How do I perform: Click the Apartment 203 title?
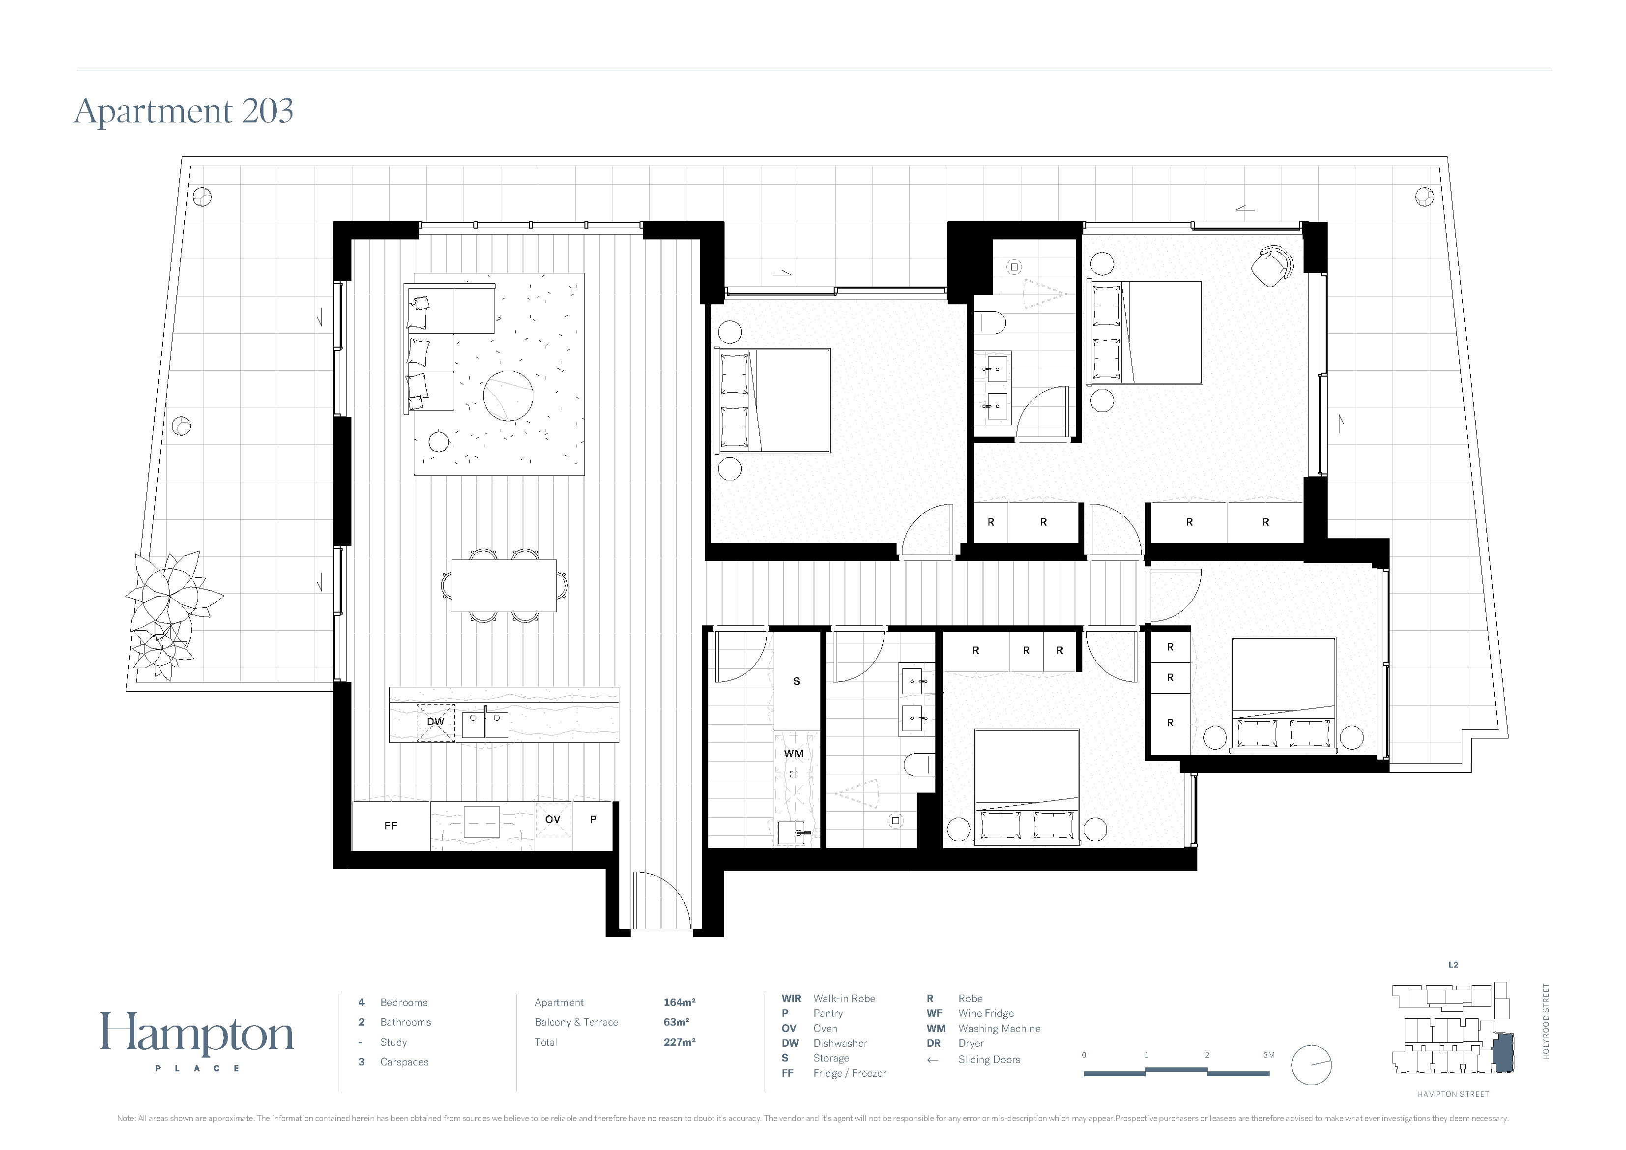183,111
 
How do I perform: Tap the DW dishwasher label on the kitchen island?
435,721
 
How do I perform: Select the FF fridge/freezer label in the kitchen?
391,826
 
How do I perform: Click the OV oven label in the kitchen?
552,819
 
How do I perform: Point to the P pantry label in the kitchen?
593,819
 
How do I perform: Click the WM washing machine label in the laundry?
794,753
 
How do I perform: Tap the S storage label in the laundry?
797,681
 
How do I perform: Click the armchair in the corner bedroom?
1272,266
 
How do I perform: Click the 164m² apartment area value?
679,1002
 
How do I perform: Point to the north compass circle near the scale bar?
1311,1065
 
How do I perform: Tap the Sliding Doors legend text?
989,1060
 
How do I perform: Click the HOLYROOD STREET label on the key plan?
1546,1021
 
